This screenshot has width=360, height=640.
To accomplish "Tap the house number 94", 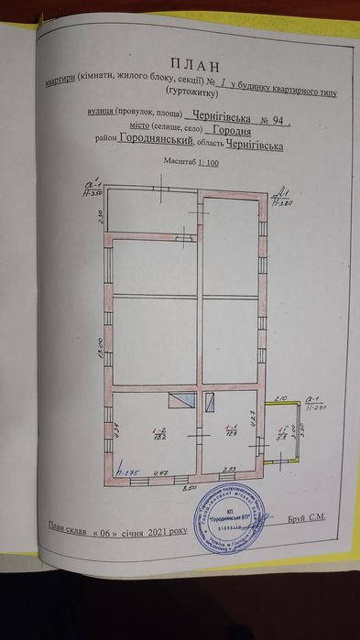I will [277, 116].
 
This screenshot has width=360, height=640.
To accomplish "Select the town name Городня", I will [252, 130].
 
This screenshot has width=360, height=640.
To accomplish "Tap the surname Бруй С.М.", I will [308, 518].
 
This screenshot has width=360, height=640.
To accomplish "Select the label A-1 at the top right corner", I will [283, 193].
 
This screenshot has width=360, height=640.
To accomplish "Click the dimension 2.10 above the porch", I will [282, 397].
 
